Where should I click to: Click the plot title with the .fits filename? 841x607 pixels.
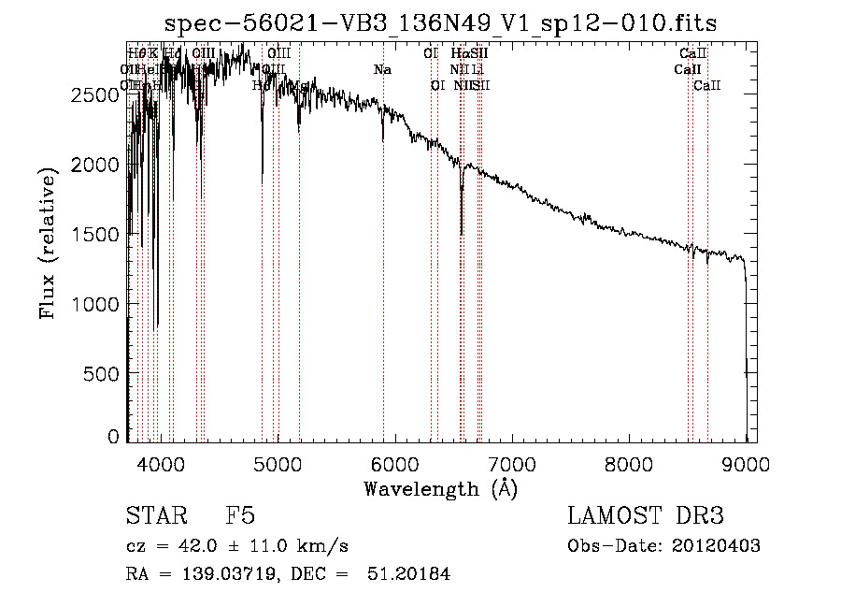pos(441,23)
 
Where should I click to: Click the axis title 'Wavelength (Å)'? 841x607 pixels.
pos(440,487)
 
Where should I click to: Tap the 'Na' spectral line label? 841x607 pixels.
pos(382,69)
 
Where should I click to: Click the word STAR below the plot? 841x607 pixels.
pos(154,516)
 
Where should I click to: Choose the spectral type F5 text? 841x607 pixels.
pos(239,516)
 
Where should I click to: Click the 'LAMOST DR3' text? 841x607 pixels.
pos(645,516)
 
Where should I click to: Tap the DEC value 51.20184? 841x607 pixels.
pos(411,574)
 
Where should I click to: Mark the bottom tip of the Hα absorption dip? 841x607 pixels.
pos(462,235)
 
